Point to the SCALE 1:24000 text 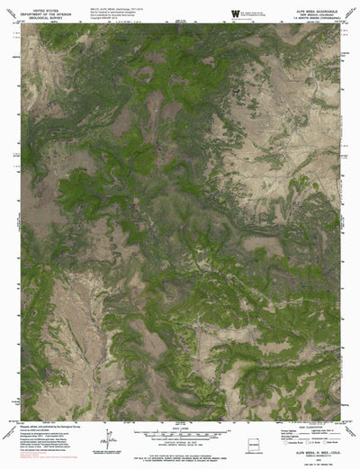click(x=180, y=428)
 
